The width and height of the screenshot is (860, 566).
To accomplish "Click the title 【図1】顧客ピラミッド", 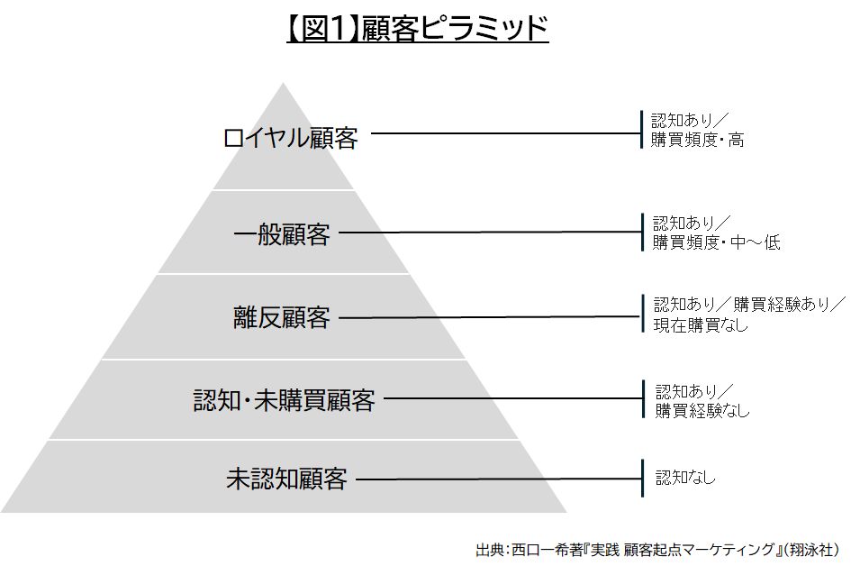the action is (x=418, y=28).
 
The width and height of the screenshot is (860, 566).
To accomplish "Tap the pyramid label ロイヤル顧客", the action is (x=291, y=138).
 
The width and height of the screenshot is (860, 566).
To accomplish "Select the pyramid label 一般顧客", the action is (x=282, y=235).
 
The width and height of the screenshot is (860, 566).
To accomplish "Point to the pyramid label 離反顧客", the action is (x=282, y=318).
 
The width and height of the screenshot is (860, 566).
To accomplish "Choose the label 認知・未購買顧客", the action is (x=285, y=400).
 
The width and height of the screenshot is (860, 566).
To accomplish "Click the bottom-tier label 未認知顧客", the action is (x=287, y=479).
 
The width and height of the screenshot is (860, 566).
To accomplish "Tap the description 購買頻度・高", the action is (x=697, y=140).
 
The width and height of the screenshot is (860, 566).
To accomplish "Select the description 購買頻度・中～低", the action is (x=716, y=242).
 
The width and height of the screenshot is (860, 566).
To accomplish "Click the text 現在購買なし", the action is (x=701, y=325).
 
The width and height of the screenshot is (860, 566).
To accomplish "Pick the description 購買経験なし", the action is (x=702, y=410).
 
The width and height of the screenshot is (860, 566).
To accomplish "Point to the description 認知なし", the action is (x=685, y=477).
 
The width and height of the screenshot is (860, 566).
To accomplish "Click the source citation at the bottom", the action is (x=657, y=550).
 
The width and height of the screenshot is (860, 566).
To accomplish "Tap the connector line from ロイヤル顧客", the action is (x=506, y=132).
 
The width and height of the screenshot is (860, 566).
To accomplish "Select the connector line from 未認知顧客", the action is (x=499, y=479).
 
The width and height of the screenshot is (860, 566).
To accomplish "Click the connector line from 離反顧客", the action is (x=489, y=316).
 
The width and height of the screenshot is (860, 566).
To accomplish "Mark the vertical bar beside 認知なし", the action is (x=642, y=478).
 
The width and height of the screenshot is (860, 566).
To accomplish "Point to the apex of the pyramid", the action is (x=283, y=83).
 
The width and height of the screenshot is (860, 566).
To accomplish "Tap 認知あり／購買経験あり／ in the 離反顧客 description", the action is (x=750, y=304).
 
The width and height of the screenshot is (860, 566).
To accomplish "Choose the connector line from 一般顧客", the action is (x=490, y=233).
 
